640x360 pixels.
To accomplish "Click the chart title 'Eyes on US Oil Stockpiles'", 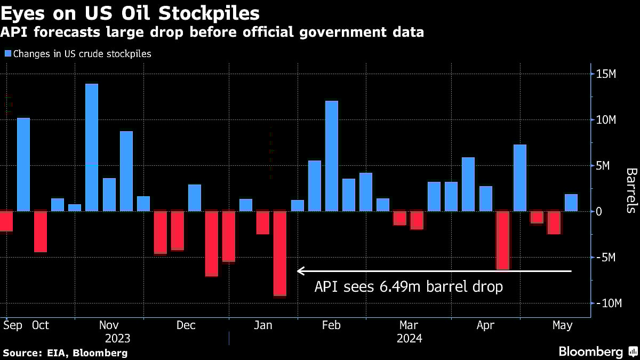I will tap(131, 12).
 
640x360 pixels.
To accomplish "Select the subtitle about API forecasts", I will tap(212, 33).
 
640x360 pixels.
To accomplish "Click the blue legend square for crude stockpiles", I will tap(7, 53).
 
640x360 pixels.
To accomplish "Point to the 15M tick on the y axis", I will tap(606, 74).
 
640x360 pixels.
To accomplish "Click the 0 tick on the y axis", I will tap(599, 211).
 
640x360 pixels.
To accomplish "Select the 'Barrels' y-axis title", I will tap(630, 190).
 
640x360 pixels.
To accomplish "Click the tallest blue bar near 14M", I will tap(92, 147).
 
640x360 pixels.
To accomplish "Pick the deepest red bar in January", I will tap(280, 253).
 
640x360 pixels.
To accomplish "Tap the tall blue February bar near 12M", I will tap(332, 156).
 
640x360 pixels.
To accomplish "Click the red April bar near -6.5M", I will tap(502, 241).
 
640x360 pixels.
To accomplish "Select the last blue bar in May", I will tap(571, 203).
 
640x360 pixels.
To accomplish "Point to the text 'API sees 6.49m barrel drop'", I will tap(409, 287).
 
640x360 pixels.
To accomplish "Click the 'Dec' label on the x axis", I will tap(186, 325).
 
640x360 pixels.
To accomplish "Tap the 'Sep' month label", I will tap(13, 325).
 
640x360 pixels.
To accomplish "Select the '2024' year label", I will tap(409, 339).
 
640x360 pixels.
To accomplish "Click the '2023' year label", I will tap(117, 339).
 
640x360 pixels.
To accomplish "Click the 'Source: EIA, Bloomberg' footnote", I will tap(65, 353).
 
